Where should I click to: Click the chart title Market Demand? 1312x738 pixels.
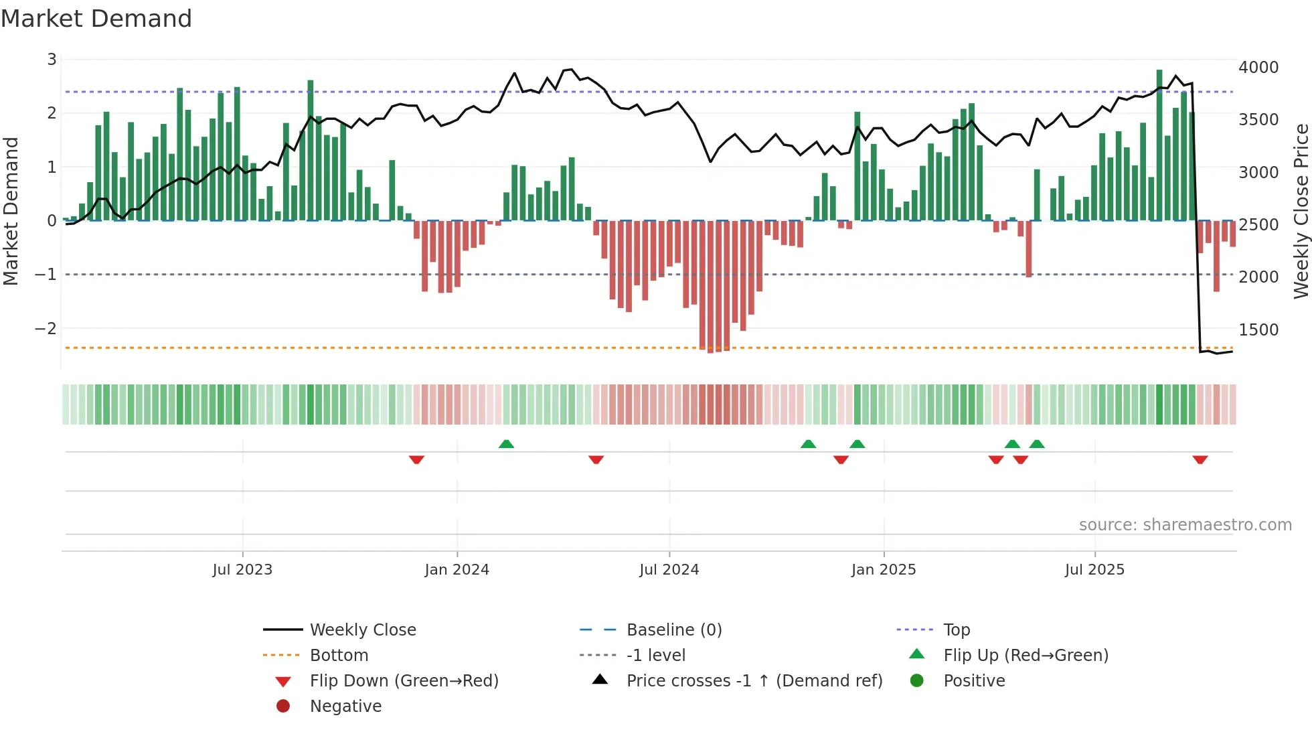tap(96, 19)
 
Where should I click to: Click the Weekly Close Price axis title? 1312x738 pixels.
tap(1301, 211)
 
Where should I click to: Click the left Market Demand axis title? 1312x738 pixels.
tap(11, 211)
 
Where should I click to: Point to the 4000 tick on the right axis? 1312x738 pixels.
tap(1258, 68)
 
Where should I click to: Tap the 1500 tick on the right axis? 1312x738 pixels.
tap(1258, 330)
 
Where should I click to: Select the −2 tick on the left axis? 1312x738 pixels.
tap(46, 329)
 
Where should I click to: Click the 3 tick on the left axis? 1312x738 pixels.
tap(52, 60)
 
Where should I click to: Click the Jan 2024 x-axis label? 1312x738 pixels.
tap(457, 570)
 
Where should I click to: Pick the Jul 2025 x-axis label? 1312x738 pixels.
tap(1094, 570)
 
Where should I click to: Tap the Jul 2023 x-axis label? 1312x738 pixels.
tap(242, 570)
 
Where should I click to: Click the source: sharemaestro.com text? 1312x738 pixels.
tap(1185, 525)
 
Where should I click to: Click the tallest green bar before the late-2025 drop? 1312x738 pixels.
tap(1159, 145)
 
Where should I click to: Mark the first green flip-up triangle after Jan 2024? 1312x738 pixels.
tap(506, 444)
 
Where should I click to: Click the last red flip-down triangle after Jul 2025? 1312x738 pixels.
tap(1200, 459)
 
